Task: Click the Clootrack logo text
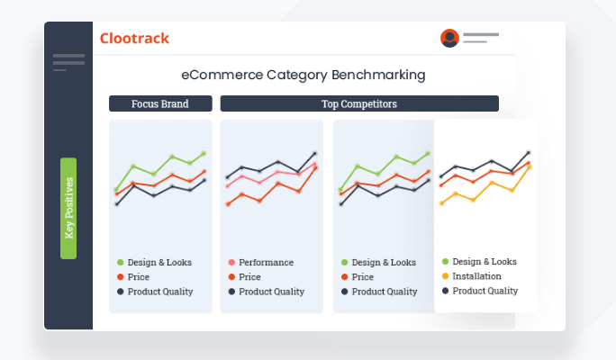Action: tap(134, 38)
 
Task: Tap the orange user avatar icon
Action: tap(449, 38)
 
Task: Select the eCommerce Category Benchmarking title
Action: tap(303, 75)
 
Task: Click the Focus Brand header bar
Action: tap(160, 103)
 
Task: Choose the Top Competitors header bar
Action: tap(359, 103)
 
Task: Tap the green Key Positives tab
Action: tap(68, 208)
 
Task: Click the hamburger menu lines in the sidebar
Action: tap(68, 62)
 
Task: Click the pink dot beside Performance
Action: tap(231, 262)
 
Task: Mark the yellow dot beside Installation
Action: tap(445, 276)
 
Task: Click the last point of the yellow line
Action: tap(530, 167)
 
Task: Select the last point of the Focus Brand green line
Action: tap(204, 154)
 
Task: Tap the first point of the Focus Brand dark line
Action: tap(117, 204)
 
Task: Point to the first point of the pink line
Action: tap(228, 186)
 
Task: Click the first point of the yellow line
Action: tap(441, 203)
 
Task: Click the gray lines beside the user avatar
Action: tap(481, 38)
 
